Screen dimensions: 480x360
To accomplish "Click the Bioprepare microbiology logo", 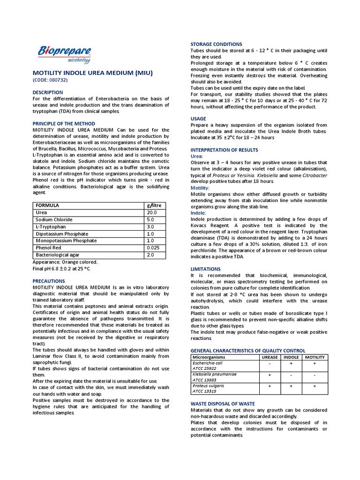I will tap(64, 54).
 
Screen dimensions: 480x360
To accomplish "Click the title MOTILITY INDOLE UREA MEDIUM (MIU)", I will tap(92, 73).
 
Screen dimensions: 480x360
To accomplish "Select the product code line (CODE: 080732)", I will tap(50, 80).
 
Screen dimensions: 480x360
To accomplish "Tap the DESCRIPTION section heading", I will tap(47, 92).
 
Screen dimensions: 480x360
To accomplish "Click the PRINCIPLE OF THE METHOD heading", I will tap(64, 123).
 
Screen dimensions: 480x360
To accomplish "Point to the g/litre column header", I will tap(154, 205).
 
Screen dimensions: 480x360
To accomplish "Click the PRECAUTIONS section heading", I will tap(49, 281).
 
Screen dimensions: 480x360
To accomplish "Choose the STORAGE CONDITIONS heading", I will tap(216, 44).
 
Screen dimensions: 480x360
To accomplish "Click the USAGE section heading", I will tap(198, 119).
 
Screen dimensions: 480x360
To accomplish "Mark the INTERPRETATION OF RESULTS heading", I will tap(224, 150).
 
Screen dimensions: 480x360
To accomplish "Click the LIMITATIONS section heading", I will tap(205, 269).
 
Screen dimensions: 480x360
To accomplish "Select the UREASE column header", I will tap(269, 357).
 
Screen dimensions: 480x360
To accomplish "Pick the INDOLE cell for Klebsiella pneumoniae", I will tap(291, 375).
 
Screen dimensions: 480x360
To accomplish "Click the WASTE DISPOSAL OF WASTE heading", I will tap(223, 404).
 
